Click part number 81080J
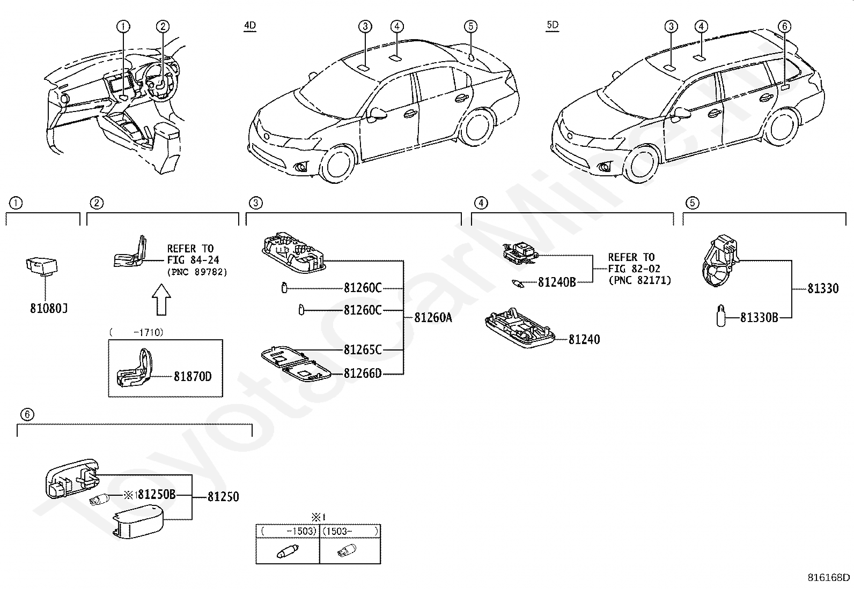(x=49, y=308)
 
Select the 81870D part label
(x=193, y=376)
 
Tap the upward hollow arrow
(x=161, y=300)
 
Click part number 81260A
(x=433, y=317)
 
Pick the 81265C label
(x=363, y=350)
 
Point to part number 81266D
(x=363, y=374)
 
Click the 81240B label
(x=557, y=282)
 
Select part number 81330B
(x=759, y=317)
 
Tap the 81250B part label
(x=157, y=495)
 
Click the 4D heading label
(x=250, y=26)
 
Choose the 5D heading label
(x=553, y=25)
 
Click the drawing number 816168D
(x=828, y=578)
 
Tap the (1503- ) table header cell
(x=350, y=531)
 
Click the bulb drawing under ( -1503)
(x=288, y=551)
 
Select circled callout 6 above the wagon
(x=784, y=26)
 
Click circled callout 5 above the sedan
(x=470, y=26)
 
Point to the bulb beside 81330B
(x=720, y=316)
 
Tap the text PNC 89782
(x=197, y=272)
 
